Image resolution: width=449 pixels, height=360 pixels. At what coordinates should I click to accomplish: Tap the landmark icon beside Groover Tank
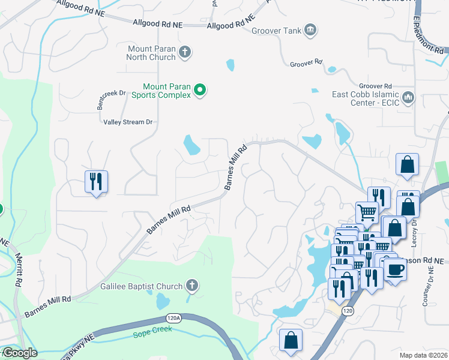click(310, 30)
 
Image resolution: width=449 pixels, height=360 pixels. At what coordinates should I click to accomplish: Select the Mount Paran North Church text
click(151, 53)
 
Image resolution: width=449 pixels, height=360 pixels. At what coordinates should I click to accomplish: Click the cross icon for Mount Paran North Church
click(185, 52)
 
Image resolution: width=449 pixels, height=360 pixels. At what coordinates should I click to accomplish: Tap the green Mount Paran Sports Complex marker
click(201, 91)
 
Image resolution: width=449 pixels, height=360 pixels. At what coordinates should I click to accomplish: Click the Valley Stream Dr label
click(128, 122)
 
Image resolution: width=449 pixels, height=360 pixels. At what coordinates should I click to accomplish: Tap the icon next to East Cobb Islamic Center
click(408, 97)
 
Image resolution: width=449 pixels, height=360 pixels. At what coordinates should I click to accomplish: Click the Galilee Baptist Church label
click(141, 286)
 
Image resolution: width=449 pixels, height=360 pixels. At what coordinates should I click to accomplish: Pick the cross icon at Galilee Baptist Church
click(192, 285)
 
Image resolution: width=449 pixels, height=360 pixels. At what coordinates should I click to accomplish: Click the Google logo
click(19, 353)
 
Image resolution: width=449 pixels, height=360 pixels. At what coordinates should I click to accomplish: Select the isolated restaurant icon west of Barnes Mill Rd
click(96, 181)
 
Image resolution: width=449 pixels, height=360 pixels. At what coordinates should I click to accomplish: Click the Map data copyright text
click(424, 355)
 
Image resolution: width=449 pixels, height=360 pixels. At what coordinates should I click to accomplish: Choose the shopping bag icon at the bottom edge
click(291, 340)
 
